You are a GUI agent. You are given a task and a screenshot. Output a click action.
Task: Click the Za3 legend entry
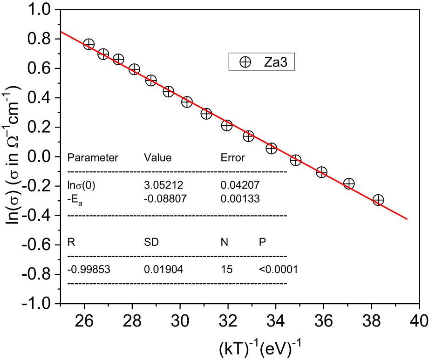tap(261, 62)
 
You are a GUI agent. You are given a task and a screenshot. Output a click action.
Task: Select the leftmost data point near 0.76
tap(89, 44)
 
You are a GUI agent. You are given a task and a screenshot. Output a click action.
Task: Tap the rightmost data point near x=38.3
tap(378, 200)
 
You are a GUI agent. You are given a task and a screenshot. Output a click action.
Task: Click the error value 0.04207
tap(240, 185)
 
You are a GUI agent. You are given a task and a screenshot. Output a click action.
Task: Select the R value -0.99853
tap(89, 269)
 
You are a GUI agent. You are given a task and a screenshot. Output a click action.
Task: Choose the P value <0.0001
tap(278, 269)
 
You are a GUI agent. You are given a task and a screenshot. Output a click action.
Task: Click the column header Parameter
tap(93, 157)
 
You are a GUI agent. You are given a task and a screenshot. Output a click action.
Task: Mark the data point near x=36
tap(321, 172)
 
